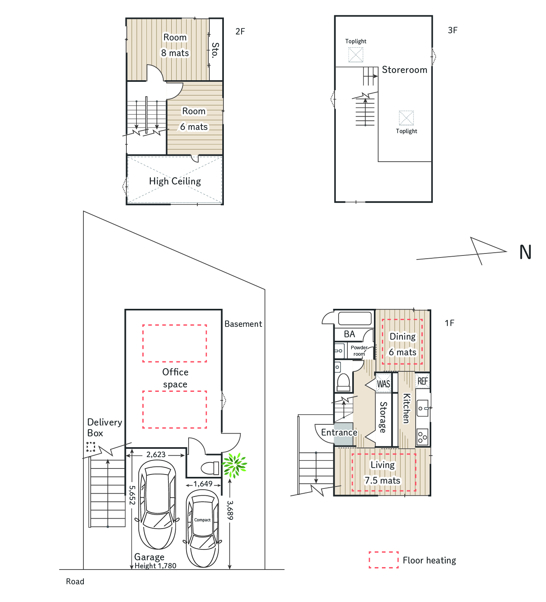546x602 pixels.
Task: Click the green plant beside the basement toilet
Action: click(x=234, y=465)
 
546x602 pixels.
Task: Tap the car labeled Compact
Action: click(x=203, y=529)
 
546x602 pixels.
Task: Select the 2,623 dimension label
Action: click(x=156, y=455)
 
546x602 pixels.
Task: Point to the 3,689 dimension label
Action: click(x=230, y=510)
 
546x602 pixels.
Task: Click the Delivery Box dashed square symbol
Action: click(x=91, y=446)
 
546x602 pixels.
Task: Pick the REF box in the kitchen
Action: click(x=422, y=381)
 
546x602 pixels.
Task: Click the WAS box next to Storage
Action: click(x=384, y=384)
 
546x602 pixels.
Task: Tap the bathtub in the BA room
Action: click(x=355, y=318)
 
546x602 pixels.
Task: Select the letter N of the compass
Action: click(x=525, y=252)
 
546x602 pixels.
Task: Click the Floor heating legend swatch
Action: click(x=384, y=560)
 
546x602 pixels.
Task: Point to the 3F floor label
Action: click(x=453, y=30)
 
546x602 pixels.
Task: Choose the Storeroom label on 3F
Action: click(x=404, y=70)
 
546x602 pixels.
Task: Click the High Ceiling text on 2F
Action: click(x=175, y=181)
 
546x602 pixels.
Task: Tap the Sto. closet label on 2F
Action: click(x=215, y=50)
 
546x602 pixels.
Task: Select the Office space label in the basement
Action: click(x=175, y=378)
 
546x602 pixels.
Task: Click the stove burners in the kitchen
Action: click(x=422, y=437)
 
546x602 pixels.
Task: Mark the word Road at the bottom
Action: click(x=75, y=582)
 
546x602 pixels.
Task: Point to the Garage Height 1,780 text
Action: click(x=155, y=561)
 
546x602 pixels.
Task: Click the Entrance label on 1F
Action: click(x=339, y=432)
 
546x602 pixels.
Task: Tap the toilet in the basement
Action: click(x=210, y=468)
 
